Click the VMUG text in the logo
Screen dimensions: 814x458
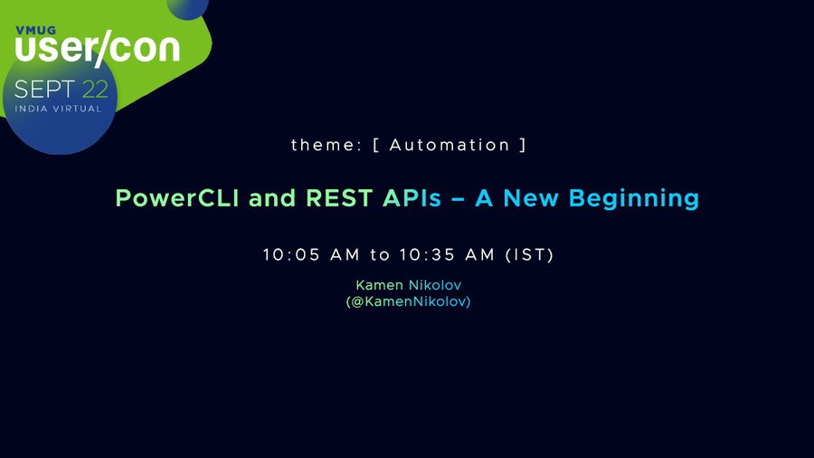[x=36, y=30]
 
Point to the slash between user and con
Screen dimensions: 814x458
[x=103, y=48]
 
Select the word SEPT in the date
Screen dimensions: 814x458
[x=44, y=90]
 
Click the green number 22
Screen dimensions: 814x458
[x=95, y=90]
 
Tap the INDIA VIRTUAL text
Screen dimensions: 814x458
[x=58, y=109]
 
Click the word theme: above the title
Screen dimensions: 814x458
[x=326, y=145]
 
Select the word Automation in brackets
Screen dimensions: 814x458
[x=450, y=145]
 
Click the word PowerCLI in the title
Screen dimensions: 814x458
[x=177, y=198]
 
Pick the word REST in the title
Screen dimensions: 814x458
[x=339, y=198]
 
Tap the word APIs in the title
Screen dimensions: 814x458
[x=412, y=198]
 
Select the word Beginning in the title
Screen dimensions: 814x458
[x=634, y=199]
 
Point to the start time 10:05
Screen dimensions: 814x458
[x=291, y=254]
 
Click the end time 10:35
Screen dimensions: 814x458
[x=427, y=254]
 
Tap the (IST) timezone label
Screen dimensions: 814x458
[x=529, y=255]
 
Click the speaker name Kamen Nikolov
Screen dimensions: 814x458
[x=409, y=285]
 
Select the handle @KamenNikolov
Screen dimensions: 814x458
[x=408, y=301]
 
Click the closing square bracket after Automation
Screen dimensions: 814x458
[x=524, y=145]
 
